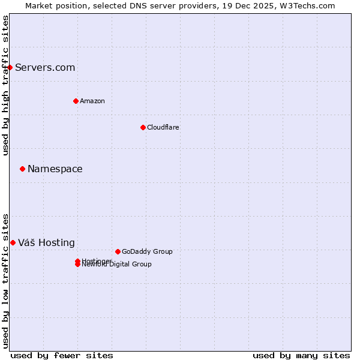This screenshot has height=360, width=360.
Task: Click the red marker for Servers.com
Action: pyautogui.click(x=10, y=67)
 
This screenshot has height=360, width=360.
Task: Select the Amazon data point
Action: pyautogui.click(x=76, y=101)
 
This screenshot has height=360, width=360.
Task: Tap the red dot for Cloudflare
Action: pyautogui.click(x=143, y=127)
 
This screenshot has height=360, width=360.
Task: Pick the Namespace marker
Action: pyautogui.click(x=22, y=169)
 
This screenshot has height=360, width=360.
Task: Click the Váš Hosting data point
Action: pyautogui.click(x=13, y=242)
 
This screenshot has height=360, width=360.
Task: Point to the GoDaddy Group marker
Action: pyautogui.click(x=118, y=251)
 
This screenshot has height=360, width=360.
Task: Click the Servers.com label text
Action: pyautogui.click(x=45, y=67)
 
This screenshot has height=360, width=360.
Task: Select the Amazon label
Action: pyautogui.click(x=92, y=101)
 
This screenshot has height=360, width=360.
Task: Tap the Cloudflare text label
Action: pyautogui.click(x=163, y=127)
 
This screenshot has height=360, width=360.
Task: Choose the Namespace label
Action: pyautogui.click(x=55, y=169)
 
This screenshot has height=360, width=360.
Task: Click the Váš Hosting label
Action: pyautogui.click(x=46, y=242)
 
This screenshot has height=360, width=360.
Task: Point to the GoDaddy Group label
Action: pyautogui.click(x=147, y=251)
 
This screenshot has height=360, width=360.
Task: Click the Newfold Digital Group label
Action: pyautogui.click(x=118, y=265)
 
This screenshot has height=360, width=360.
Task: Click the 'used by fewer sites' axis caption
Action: pyautogui.click(x=62, y=355)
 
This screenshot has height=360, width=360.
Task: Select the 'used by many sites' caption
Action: pyautogui.click(x=301, y=355)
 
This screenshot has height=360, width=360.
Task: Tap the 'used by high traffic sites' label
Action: pyautogui.click(x=5, y=86)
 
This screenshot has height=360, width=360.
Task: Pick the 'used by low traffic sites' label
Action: pyautogui.click(x=5, y=281)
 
